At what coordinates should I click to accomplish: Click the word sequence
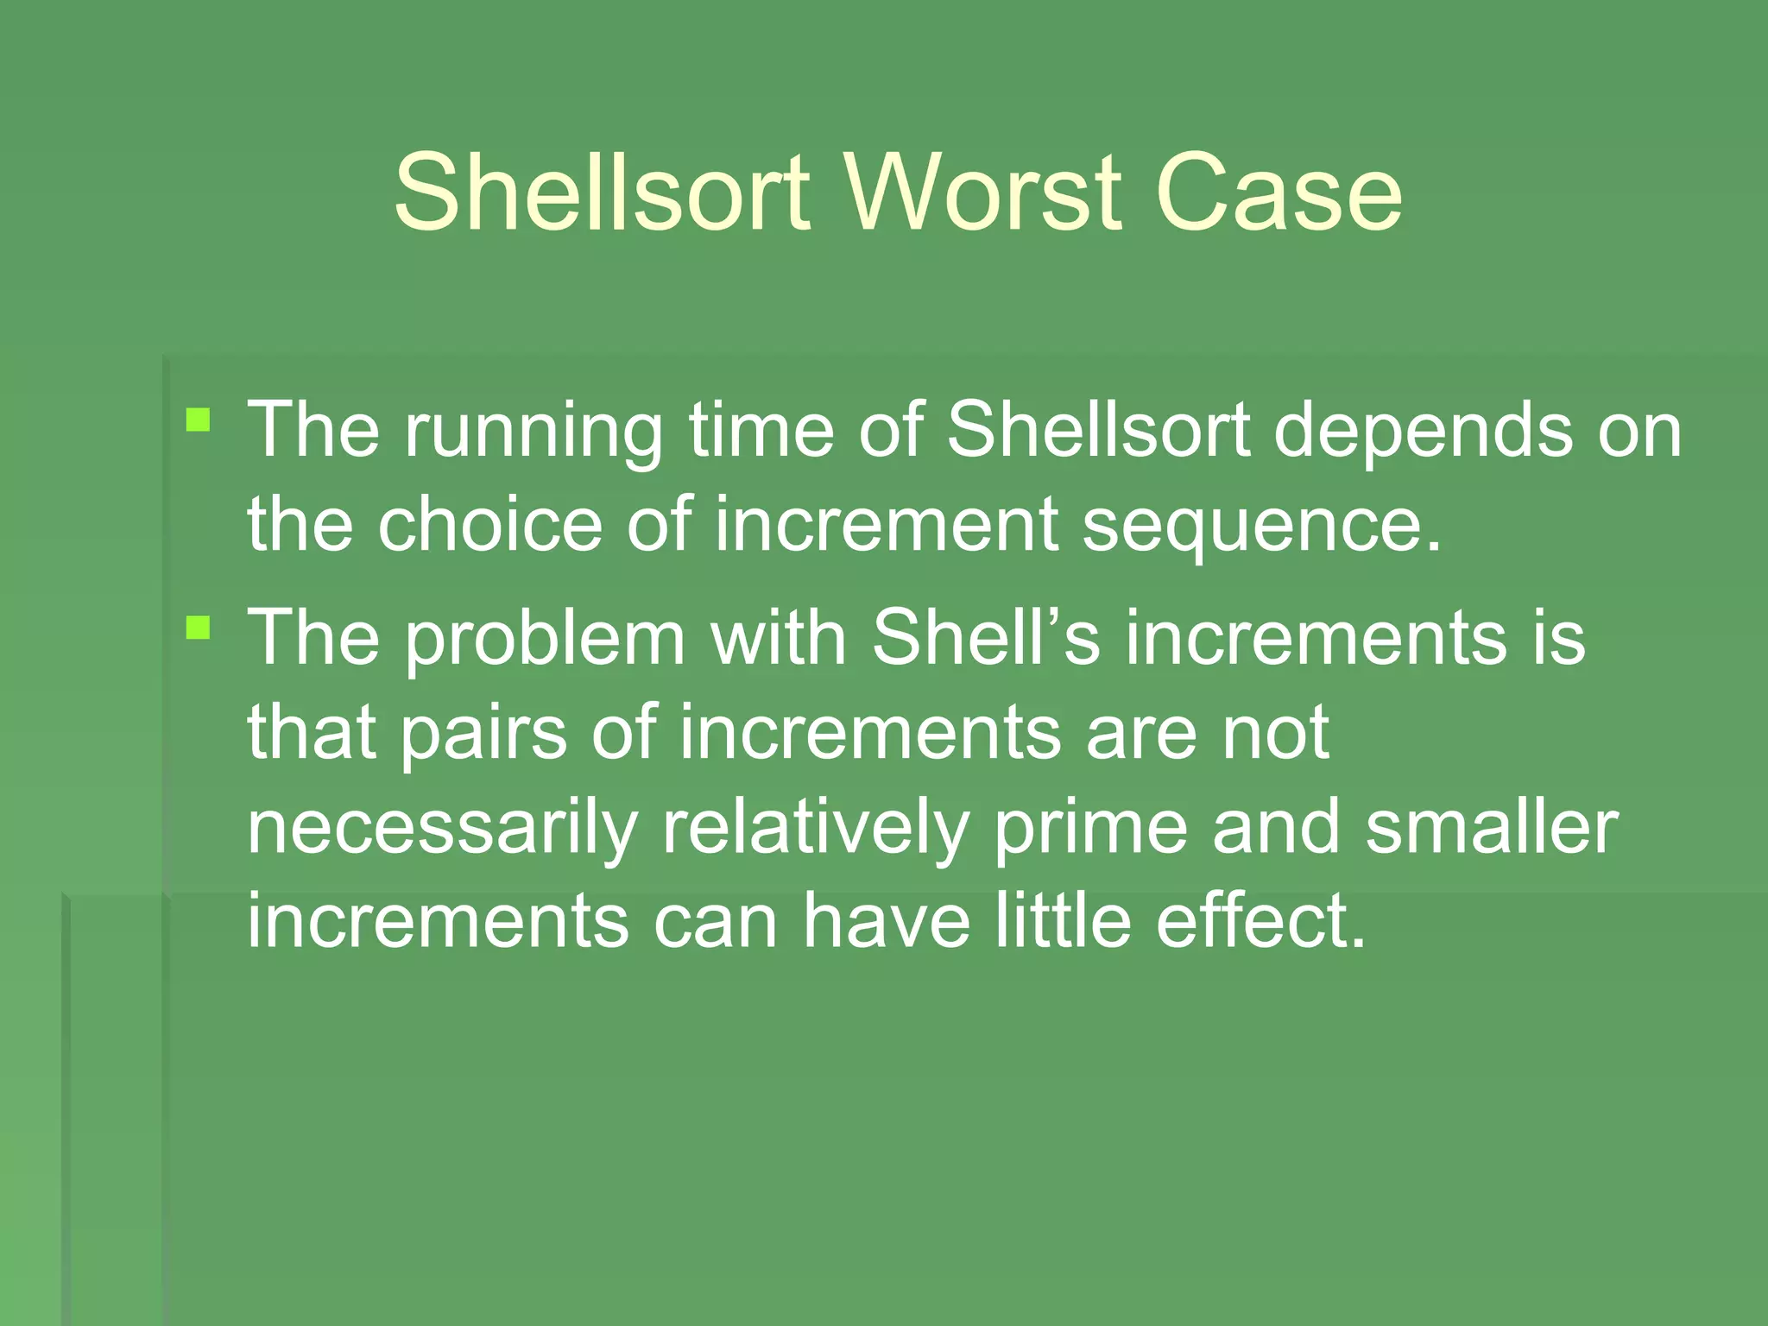tap(1260, 527)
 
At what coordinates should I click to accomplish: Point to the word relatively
tap(816, 829)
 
